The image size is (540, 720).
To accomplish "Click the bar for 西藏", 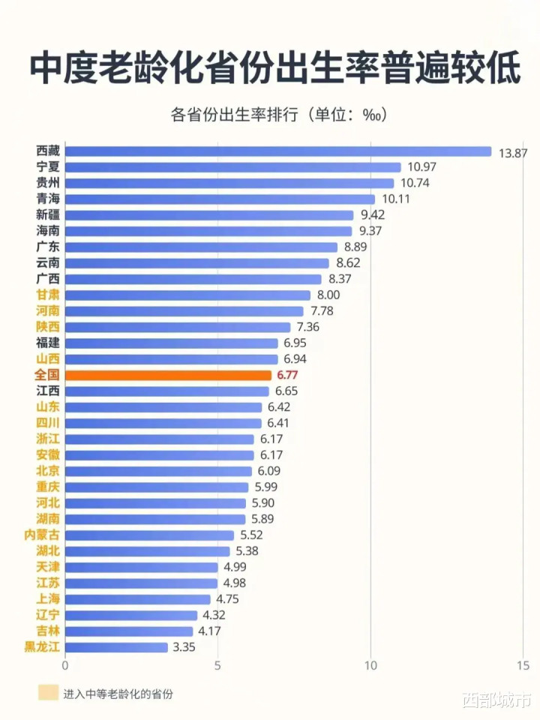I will point(277,151).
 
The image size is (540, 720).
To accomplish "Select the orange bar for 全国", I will point(168,375).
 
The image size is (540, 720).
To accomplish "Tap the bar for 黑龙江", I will point(116,646).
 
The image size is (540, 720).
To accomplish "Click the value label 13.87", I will point(513,152).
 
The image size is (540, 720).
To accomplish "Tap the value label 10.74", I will point(415,183).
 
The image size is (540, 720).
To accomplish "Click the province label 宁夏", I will point(48,167).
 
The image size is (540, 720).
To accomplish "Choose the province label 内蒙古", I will point(43,535).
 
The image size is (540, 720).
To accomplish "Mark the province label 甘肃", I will point(48,295).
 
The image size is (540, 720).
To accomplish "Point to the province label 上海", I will point(48,598).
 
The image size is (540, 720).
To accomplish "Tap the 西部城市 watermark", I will point(497,701).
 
